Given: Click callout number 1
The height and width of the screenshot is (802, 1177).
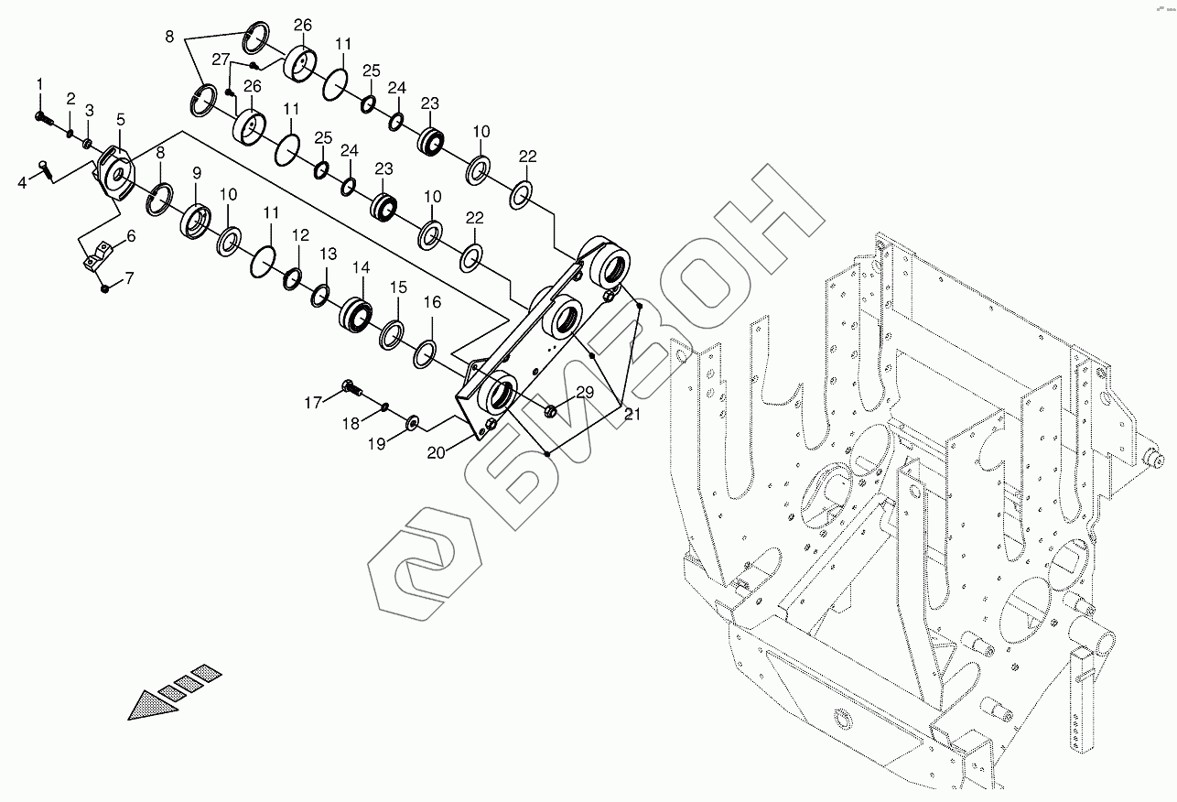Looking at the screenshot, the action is coord(40,85).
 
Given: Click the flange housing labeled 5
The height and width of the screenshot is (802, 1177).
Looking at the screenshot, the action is coord(116,171).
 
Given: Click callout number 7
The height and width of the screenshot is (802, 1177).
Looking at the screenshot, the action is coord(129,276).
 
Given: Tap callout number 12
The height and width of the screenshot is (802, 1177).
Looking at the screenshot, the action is coord(300,236).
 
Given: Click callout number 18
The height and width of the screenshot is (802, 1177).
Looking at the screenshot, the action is coord(351,423).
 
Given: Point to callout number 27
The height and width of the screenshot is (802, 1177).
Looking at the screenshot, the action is coord(221,59).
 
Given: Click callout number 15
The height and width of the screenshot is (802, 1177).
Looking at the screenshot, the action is coord(398,287).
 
